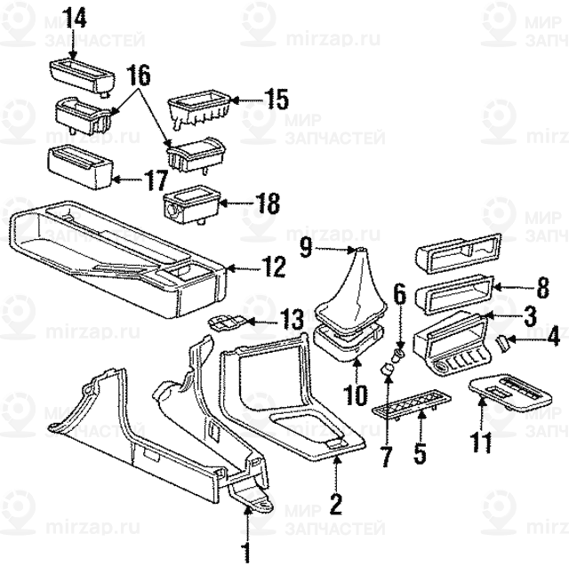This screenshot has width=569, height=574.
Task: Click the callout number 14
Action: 77,17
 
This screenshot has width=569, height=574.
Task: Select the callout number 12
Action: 272,265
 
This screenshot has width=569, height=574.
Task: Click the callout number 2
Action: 335,506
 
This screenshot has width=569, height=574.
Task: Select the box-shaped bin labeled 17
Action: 78,165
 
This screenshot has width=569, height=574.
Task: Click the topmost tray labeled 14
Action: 81,75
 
